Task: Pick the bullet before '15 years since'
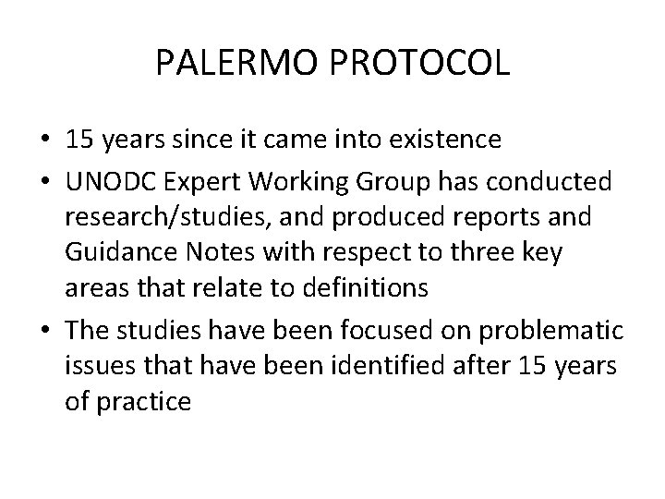pos(43,140)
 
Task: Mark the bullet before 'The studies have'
pos(43,330)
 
